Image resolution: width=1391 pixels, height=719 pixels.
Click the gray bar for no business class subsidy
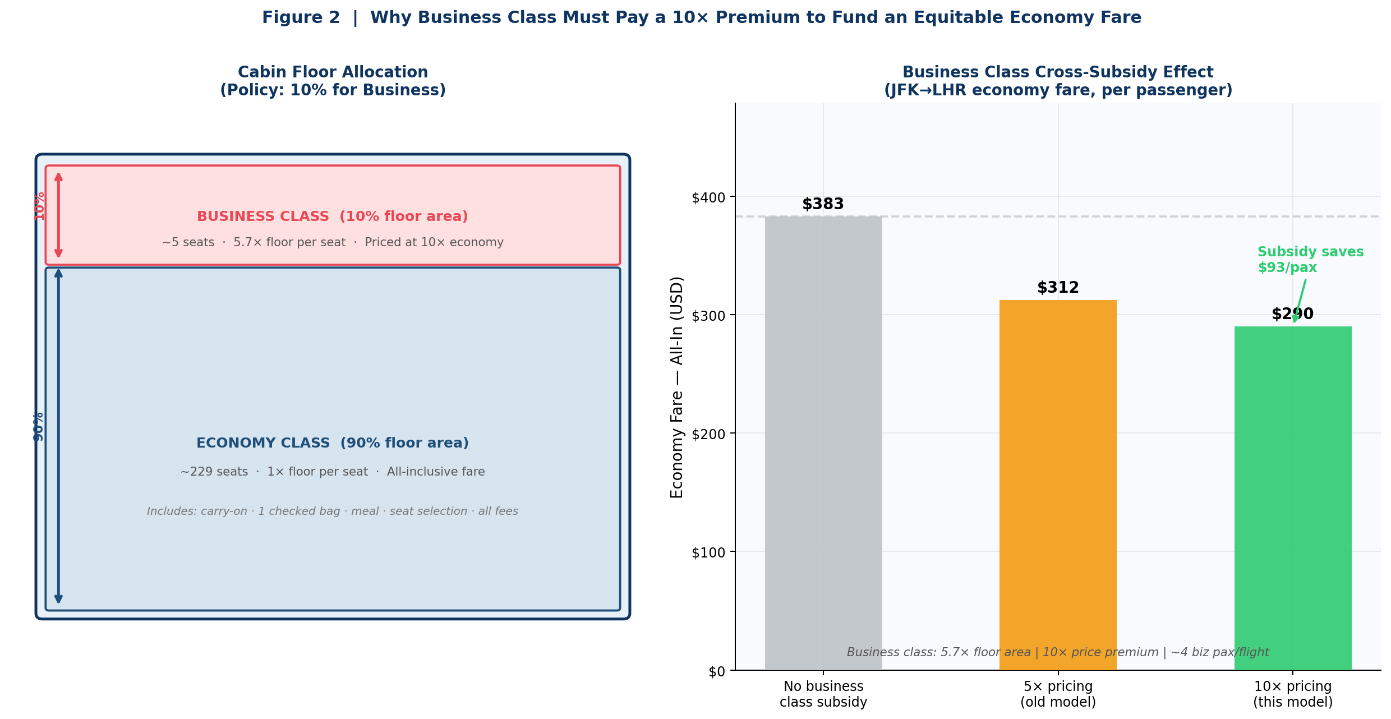click(x=823, y=443)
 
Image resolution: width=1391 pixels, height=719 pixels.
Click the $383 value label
click(x=823, y=204)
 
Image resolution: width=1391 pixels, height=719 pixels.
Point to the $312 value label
click(x=1057, y=288)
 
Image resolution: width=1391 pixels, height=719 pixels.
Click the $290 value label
click(x=1292, y=314)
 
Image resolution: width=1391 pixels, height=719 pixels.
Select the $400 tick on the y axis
click(x=708, y=197)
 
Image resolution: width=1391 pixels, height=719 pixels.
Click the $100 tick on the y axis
click(x=708, y=552)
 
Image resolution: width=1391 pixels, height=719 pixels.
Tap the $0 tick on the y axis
click(x=716, y=671)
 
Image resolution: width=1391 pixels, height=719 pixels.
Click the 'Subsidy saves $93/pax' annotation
click(x=1310, y=260)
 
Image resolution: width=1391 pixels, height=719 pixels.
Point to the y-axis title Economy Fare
click(x=677, y=387)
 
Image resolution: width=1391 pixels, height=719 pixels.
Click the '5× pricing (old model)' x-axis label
click(x=1057, y=694)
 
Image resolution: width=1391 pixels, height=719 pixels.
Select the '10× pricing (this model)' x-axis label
click(x=1292, y=694)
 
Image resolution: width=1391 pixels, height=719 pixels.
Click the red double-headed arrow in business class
click(x=58, y=215)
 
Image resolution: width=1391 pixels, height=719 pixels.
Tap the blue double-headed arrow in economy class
click(x=58, y=437)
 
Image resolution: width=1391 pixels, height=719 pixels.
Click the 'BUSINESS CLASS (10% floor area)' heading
click(x=332, y=216)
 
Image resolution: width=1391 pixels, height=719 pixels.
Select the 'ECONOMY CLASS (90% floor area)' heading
click(x=332, y=443)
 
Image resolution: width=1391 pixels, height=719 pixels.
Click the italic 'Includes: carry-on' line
click(x=332, y=511)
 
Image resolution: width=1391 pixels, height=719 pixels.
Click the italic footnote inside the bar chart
click(x=1057, y=652)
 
